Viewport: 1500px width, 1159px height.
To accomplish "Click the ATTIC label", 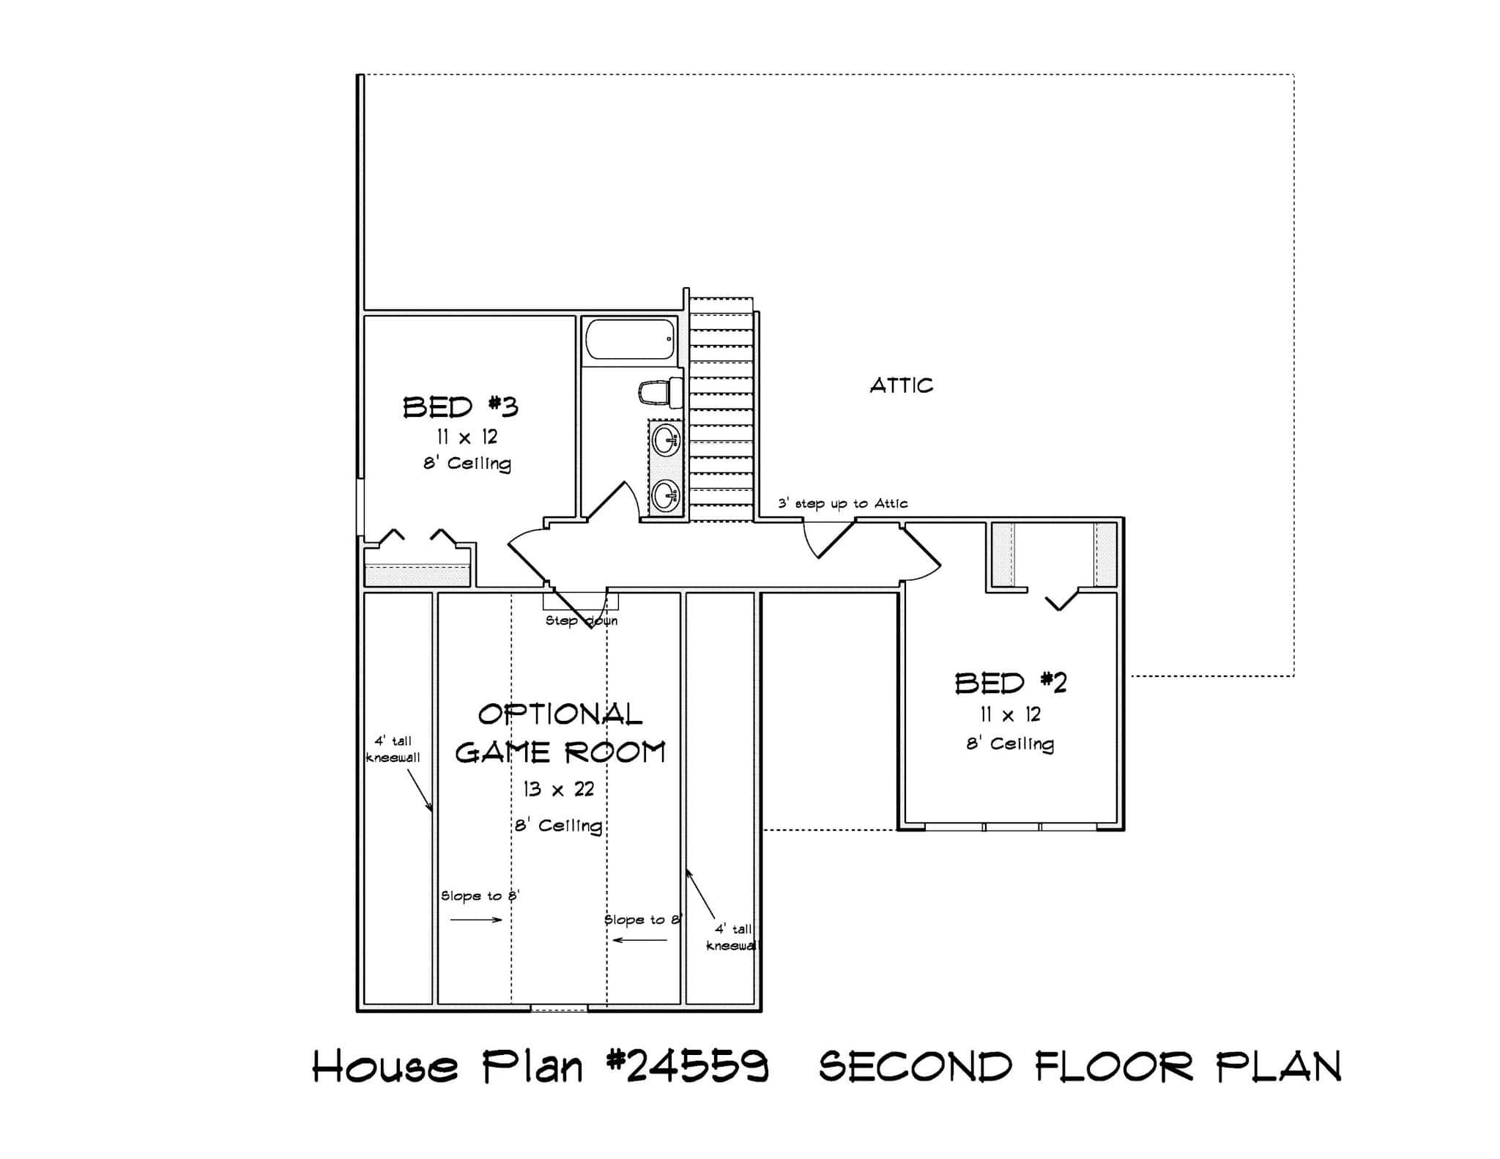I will pyautogui.click(x=901, y=385).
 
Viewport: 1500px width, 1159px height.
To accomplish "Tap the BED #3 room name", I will pyautogui.click(x=461, y=407).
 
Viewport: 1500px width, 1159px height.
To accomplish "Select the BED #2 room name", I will pyautogui.click(x=1010, y=683).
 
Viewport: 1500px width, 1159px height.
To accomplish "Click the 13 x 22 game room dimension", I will pyautogui.click(x=558, y=789).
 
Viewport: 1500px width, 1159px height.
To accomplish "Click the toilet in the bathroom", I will pyautogui.click(x=658, y=393).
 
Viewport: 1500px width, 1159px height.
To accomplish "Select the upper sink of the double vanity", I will pyautogui.click(x=666, y=441).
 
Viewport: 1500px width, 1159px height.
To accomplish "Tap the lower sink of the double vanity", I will pyautogui.click(x=666, y=495).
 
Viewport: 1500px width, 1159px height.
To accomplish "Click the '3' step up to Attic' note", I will pyautogui.click(x=842, y=503).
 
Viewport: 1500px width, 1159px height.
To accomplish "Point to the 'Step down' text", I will pyautogui.click(x=581, y=621).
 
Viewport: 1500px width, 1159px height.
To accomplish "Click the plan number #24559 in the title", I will pyautogui.click(x=688, y=1066).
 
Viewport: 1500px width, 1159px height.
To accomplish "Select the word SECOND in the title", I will pyautogui.click(x=916, y=1066).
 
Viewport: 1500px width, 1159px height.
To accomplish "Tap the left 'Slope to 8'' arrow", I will pyautogui.click(x=475, y=920).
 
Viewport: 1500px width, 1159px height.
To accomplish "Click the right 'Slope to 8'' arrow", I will pyautogui.click(x=639, y=940).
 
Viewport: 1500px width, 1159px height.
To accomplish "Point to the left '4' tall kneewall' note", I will pyautogui.click(x=393, y=749).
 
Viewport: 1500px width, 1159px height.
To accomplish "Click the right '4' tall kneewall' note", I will pyautogui.click(x=732, y=937).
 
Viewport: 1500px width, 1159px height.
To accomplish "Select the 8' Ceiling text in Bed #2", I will pyautogui.click(x=1010, y=744).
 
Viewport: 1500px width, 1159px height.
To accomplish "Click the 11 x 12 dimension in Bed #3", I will pyautogui.click(x=467, y=437).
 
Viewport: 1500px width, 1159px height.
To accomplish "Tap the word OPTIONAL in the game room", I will pyautogui.click(x=560, y=714).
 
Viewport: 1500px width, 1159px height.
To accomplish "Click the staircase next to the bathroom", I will pyautogui.click(x=721, y=410).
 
